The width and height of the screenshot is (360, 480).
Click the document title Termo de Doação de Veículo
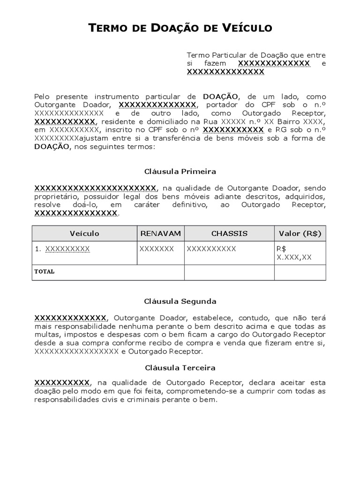pyautogui.click(x=180, y=28)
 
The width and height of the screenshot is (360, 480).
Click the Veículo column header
pyautogui.click(x=84, y=233)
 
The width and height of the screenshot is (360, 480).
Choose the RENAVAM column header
pyautogui.click(x=160, y=233)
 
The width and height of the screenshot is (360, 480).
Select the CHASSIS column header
pyautogui.click(x=229, y=233)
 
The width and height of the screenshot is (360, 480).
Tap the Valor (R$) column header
pyautogui.click(x=300, y=233)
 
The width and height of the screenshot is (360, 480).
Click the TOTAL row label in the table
pyautogui.click(x=45, y=271)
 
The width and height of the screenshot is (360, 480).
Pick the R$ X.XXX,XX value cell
pyautogui.click(x=294, y=253)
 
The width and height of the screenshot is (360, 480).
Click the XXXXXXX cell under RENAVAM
pyautogui.click(x=157, y=249)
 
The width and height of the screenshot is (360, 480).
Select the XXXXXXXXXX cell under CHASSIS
pyautogui.click(x=211, y=249)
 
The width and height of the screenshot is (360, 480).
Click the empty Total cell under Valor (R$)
pyautogui.click(x=300, y=272)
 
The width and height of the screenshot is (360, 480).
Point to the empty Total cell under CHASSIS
pyautogui.click(x=229, y=272)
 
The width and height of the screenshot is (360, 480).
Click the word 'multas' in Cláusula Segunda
pyautogui.click(x=45, y=335)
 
